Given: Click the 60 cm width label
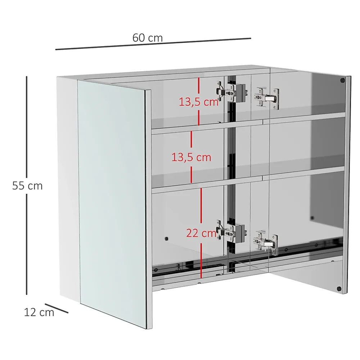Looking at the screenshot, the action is pos(147,38).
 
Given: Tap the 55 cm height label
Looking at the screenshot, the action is pos(27,185).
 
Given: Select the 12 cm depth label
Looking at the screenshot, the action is pos(39,312).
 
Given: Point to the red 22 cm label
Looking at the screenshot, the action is pos(201,233).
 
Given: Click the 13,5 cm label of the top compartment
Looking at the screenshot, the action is pos(199,102).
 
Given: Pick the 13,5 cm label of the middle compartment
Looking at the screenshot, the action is pos(191,157).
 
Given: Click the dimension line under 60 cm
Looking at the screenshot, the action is pos(153,44).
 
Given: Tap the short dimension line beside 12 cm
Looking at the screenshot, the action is pos(57,308).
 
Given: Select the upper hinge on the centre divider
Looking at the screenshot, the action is pos(231,92).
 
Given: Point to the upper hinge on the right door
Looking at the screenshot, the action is pos(267,98).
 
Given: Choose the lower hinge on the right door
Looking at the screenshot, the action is pos(266,243).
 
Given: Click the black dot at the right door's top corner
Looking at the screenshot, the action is pos(342,80).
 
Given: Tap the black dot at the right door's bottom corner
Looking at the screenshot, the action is pos(339,289).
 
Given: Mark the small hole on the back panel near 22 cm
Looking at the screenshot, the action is pos(166,239).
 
